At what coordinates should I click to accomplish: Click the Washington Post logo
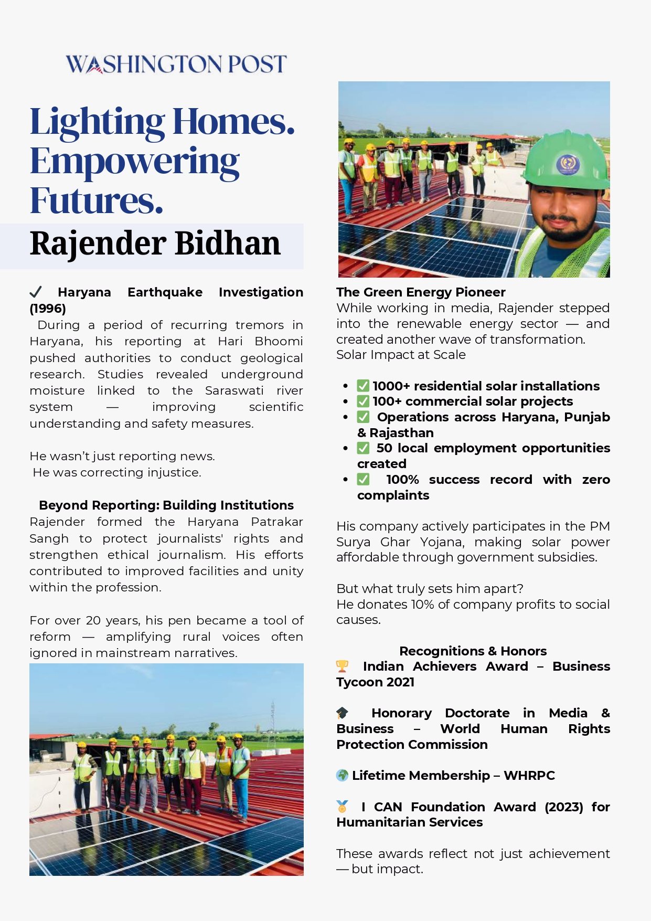176,64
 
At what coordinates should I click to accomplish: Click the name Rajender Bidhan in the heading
155,244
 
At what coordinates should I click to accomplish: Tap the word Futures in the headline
97,200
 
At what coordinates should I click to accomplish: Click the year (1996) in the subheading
48,308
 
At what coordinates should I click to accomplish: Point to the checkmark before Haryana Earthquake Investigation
36,292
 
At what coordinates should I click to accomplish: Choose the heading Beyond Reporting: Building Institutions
166,505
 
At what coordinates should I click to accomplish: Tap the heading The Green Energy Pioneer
421,292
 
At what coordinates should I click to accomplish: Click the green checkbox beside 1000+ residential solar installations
363,386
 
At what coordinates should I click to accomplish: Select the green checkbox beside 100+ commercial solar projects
363,401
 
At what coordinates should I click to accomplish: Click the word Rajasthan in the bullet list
401,433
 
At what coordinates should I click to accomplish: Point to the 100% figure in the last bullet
402,480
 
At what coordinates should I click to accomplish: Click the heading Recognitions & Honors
473,651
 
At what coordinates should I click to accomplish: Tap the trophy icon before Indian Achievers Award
342,666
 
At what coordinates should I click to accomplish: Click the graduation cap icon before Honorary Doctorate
342,713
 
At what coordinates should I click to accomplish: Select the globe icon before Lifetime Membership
342,775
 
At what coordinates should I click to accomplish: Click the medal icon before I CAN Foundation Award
342,806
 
